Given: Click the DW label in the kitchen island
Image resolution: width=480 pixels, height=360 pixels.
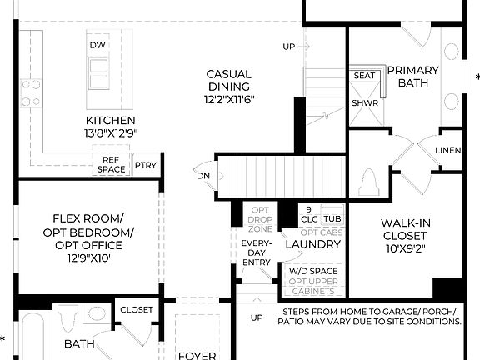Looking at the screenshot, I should [x=97, y=44].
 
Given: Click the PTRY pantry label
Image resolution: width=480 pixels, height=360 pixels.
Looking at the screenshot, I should [x=146, y=165].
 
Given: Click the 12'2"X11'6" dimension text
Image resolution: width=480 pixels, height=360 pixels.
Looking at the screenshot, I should [x=228, y=99].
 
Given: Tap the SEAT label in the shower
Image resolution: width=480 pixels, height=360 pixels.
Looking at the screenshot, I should [x=363, y=76].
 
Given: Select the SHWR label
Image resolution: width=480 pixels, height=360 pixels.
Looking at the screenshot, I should [x=363, y=103].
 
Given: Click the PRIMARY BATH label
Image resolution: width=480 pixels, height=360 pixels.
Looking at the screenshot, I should [x=407, y=77].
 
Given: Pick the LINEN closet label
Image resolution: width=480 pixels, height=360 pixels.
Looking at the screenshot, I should [x=448, y=150].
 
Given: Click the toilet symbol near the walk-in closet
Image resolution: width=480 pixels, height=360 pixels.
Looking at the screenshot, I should [x=371, y=181].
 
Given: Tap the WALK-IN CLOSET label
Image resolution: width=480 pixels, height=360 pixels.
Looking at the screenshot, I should [x=405, y=230].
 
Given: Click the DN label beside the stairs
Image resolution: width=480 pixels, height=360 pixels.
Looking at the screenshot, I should [x=203, y=176].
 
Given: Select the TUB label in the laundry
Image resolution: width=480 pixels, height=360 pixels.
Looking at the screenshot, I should [x=332, y=217].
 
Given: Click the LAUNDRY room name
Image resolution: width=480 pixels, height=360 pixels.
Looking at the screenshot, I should [x=312, y=244].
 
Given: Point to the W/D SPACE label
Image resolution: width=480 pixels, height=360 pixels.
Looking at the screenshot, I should [x=313, y=272].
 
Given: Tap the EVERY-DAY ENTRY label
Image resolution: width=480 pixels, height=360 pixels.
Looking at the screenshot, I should [x=257, y=252].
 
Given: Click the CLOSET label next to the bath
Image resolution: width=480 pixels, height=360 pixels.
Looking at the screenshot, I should [x=137, y=310].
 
